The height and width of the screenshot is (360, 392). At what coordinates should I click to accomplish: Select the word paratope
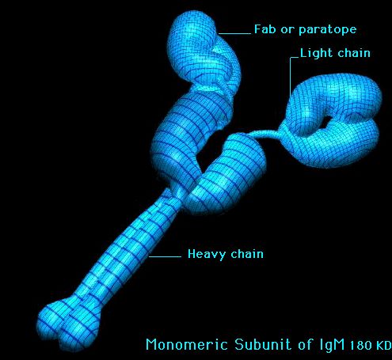[328, 30]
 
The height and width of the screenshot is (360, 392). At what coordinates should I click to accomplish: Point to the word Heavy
[207, 254]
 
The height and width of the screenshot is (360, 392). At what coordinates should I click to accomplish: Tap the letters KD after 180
[383, 346]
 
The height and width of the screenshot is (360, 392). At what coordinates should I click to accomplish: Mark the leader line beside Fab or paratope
[234, 33]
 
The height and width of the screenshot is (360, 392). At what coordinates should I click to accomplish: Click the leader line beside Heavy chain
[165, 256]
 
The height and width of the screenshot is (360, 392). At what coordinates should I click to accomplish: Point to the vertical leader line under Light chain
[291, 77]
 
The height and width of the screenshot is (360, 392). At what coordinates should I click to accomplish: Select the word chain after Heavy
[247, 254]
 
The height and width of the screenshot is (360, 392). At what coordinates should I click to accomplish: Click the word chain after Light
[354, 53]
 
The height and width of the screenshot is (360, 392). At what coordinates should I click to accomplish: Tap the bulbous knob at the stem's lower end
[68, 322]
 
